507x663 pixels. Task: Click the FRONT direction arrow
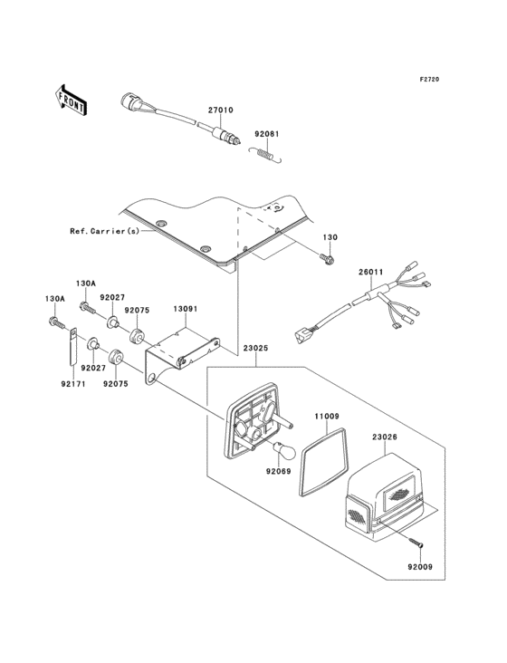(x=72, y=100)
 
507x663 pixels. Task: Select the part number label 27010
(x=221, y=110)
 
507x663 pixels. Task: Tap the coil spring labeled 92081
(x=265, y=154)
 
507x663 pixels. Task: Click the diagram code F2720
(x=429, y=79)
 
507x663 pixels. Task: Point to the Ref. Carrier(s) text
(x=104, y=231)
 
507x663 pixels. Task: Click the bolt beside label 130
(x=328, y=258)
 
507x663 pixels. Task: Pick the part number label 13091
(x=186, y=309)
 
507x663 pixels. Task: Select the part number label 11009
(x=327, y=417)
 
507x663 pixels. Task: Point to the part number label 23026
(x=385, y=437)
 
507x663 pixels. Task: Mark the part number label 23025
(x=255, y=349)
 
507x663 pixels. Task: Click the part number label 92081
(x=266, y=134)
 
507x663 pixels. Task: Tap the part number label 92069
(x=279, y=471)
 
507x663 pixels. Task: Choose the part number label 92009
(x=420, y=567)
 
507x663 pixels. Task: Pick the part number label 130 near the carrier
(x=330, y=237)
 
